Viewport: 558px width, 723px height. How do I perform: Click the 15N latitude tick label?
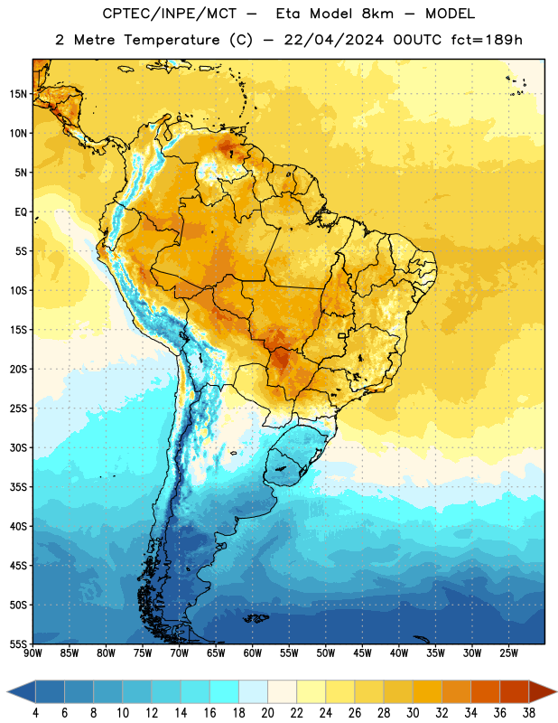coord(18,94)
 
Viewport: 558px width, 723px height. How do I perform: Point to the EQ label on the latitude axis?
coord(21,212)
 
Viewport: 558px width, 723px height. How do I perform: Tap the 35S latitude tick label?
coord(18,487)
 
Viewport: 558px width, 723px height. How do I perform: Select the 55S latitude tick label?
coord(18,643)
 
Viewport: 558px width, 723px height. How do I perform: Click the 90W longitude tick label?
coord(33,653)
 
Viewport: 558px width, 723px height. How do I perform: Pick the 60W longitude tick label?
coord(253,653)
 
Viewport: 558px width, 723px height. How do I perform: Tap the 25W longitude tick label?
coord(508,653)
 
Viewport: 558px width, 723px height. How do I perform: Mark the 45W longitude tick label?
coord(362,653)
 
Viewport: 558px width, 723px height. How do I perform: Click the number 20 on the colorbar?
coord(267,712)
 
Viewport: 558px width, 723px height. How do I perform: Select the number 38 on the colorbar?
coord(529,712)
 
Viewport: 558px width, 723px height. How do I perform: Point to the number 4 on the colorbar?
coord(35,712)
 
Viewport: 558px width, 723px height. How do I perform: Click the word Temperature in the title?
coord(172,40)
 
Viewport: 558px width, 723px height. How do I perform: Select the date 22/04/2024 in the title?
coord(333,40)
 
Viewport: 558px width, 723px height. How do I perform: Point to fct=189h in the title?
coord(487,40)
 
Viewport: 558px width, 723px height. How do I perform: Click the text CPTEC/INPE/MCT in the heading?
coord(169,14)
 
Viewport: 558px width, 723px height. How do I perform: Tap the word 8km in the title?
coord(377,14)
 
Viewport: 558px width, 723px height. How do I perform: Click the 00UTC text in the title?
coord(417,40)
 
